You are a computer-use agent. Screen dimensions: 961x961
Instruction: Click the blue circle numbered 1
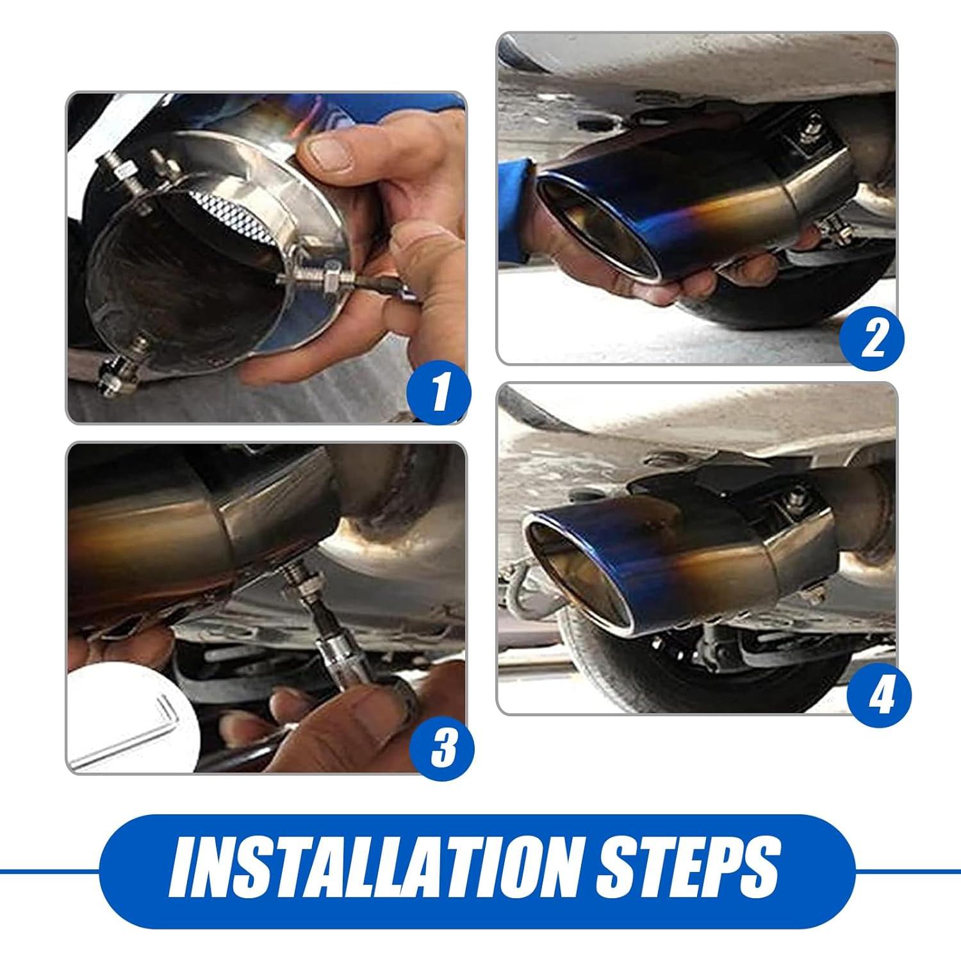pos(439,393)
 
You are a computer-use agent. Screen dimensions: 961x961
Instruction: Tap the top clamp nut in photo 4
pos(798,497)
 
